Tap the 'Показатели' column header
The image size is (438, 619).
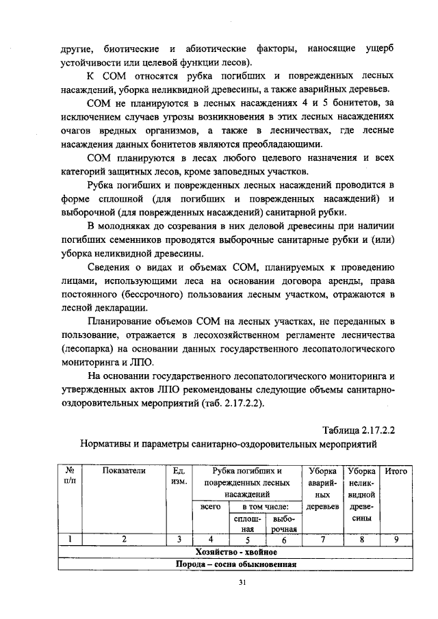(x=124, y=471)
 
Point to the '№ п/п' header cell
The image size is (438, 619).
(x=70, y=476)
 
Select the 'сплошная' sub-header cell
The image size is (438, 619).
(x=247, y=523)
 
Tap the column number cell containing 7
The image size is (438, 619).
(x=322, y=540)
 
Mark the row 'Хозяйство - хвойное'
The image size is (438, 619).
(x=236, y=552)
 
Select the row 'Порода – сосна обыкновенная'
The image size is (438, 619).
(x=236, y=564)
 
